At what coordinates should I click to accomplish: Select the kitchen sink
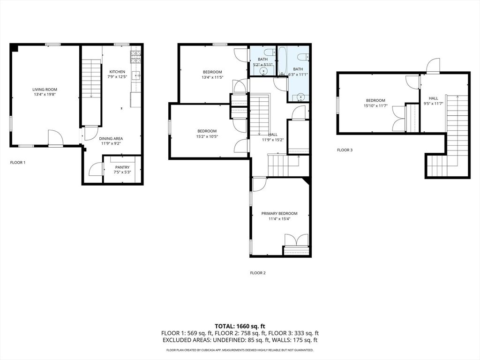[136, 75]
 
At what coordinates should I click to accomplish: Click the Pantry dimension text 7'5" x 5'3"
[122, 172]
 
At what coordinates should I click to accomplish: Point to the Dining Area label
[111, 138]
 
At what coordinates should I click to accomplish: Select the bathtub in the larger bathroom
[283, 61]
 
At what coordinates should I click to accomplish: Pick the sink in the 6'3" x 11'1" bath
[300, 97]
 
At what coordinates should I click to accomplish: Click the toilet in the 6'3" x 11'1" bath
[303, 57]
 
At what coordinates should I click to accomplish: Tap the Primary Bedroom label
[279, 213]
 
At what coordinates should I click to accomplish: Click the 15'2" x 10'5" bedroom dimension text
[207, 136]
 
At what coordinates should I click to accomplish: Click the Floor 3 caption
[345, 150]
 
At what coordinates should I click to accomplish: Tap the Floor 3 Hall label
[433, 98]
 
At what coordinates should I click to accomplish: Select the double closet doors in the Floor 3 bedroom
[399, 119]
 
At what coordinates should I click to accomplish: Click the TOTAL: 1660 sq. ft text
[240, 326]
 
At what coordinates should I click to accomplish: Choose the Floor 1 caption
[18, 163]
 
